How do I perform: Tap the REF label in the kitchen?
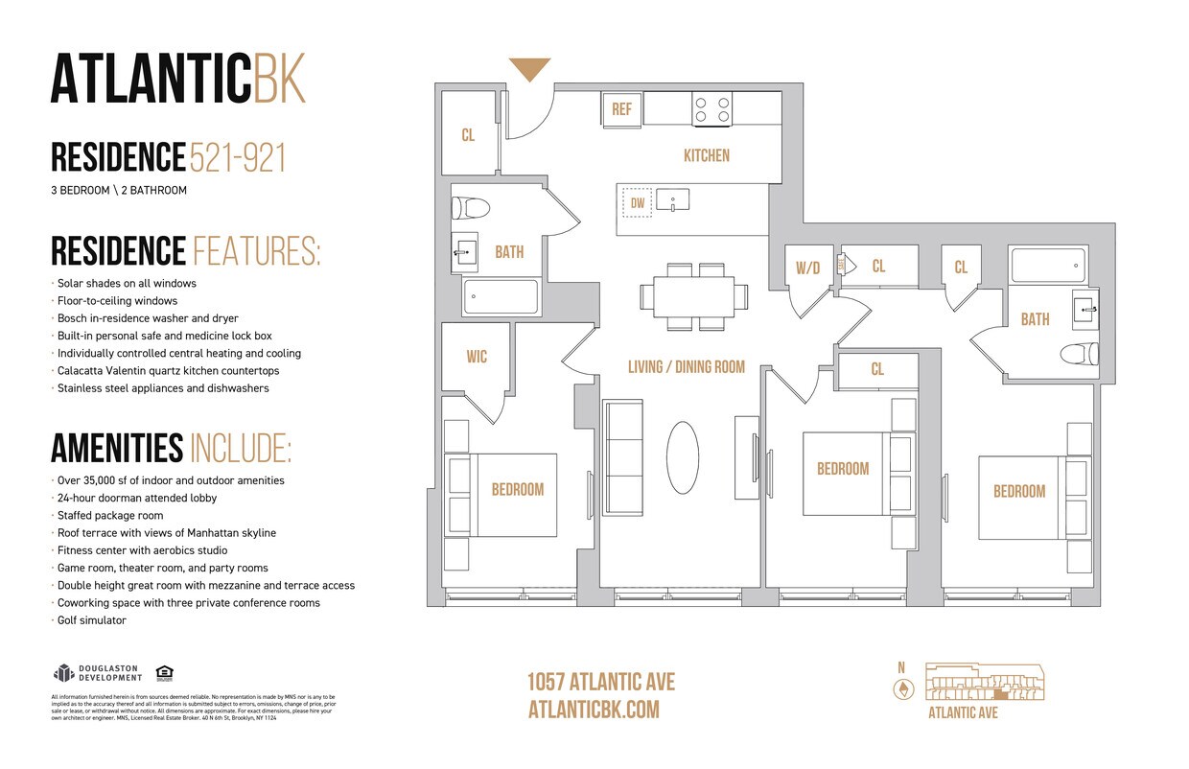point(621,109)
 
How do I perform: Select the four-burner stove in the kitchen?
point(711,109)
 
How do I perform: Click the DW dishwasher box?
point(638,202)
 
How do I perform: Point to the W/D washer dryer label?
point(807,268)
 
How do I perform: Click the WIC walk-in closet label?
point(477,357)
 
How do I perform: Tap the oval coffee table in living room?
point(683,458)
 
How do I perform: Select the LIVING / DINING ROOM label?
point(686,367)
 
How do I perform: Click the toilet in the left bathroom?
point(471,208)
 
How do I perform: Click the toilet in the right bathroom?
point(1077,354)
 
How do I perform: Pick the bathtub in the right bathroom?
point(1047,265)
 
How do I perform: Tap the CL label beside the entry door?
point(468,135)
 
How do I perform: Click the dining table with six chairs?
point(694,296)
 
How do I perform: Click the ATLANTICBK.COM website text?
point(594,710)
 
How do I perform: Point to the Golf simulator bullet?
point(92,620)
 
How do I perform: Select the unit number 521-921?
point(238,157)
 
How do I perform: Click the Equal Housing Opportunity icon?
point(163,672)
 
